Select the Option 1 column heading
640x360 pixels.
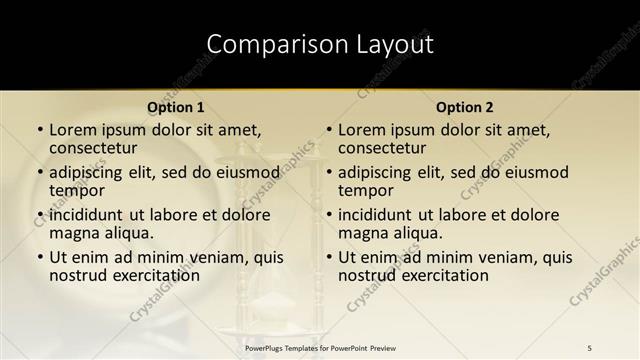coord(176,107)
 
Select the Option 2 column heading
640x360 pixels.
coord(465,107)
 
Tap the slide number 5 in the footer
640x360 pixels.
coord(590,347)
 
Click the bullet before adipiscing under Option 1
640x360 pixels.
coord(40,172)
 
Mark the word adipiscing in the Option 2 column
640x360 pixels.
coord(378,172)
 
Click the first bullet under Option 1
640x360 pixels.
coord(40,130)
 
